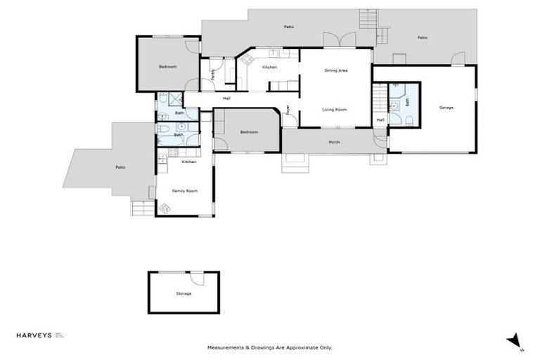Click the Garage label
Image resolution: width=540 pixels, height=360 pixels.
pos(446,108)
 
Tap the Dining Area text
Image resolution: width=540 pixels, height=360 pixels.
pos(336,71)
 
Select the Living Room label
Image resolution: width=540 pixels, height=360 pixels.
pos(334,110)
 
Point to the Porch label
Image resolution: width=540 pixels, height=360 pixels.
pos(334,142)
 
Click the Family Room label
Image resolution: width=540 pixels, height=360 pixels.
pos(185,191)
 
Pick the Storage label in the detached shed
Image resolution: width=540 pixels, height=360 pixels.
pos(183,293)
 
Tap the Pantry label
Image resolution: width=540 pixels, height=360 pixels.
pos(213,75)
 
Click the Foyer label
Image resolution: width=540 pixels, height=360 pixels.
pos(288,110)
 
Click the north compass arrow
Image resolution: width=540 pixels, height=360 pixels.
pos(513,340)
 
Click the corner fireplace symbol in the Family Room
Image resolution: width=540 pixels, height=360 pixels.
pos(166,208)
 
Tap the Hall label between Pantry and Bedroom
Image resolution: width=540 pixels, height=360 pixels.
pos(226,98)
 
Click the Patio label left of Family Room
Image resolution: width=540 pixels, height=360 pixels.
pos(120,167)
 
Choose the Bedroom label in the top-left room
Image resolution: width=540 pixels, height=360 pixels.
pos(167,67)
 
